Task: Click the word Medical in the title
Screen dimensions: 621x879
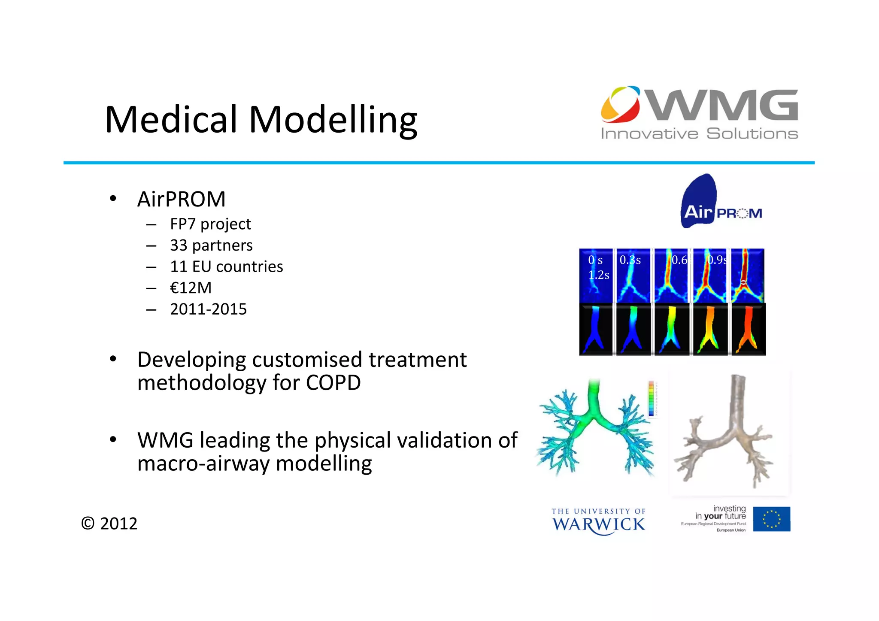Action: pos(171,120)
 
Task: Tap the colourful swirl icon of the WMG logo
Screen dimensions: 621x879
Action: pos(620,104)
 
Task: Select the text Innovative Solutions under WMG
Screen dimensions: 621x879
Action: pos(699,134)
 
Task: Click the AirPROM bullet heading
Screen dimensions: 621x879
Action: pos(181,199)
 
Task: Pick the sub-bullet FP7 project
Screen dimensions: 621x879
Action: pos(210,224)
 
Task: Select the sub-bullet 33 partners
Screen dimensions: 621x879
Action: pos(211,245)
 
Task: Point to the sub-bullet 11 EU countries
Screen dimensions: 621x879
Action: pos(226,267)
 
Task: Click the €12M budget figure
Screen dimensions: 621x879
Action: pos(191,288)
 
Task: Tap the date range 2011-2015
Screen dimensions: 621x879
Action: pos(208,309)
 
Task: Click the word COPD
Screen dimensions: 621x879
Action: pos(333,383)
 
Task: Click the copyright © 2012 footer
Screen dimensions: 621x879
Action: pos(109,524)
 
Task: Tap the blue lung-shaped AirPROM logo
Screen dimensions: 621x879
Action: pos(699,201)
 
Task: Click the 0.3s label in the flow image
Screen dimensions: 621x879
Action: pos(630,260)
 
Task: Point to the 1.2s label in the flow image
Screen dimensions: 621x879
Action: pos(598,275)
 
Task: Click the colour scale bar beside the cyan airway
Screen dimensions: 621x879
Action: pos(651,398)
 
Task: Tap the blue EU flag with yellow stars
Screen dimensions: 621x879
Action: pos(771,519)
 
